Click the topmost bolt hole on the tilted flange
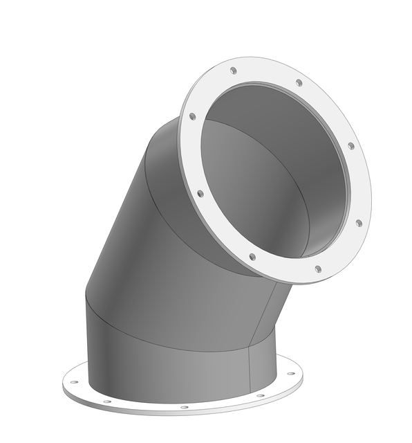233,71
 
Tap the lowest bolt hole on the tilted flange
318,269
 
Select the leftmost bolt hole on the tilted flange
192,116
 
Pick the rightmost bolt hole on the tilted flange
358,223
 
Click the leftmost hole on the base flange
74,381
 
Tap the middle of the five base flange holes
184,407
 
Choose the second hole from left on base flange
107,401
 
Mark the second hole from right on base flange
260,395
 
